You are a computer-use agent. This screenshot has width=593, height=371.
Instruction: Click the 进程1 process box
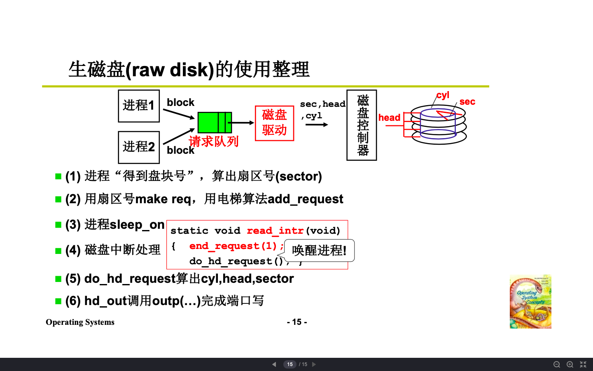(x=139, y=106)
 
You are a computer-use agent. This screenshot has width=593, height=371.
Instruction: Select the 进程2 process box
(x=139, y=147)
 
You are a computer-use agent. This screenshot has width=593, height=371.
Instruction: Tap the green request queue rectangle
(x=215, y=122)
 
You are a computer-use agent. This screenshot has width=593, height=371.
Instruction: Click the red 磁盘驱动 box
(x=274, y=123)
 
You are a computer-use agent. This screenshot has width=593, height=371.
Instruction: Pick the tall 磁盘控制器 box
(x=362, y=125)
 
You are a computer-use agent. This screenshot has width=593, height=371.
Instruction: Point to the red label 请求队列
(x=214, y=141)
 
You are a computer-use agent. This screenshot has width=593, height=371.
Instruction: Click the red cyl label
(x=443, y=95)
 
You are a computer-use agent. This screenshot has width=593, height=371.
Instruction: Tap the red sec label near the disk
(x=467, y=102)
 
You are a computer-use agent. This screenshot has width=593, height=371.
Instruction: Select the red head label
(x=389, y=118)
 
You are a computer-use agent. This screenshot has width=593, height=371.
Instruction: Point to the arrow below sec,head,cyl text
(x=317, y=124)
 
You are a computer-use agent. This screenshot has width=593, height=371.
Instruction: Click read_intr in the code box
(x=275, y=230)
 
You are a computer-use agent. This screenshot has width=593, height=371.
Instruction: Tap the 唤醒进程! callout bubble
(x=319, y=250)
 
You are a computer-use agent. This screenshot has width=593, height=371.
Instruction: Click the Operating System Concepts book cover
(x=530, y=301)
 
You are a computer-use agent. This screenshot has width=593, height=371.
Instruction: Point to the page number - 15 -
(x=296, y=322)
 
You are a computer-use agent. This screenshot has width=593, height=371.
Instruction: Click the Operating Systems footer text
(x=80, y=322)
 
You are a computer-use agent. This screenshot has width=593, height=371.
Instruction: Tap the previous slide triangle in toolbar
(x=274, y=364)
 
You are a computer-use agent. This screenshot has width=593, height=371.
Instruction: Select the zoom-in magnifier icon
(x=570, y=364)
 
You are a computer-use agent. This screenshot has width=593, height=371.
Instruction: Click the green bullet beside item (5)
(x=58, y=279)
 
